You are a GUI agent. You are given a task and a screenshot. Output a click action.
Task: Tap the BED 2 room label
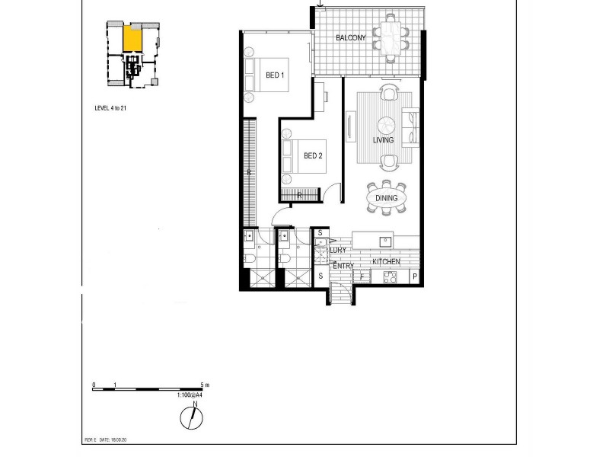coord(314,156)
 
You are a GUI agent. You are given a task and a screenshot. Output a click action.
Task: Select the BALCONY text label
coord(351,38)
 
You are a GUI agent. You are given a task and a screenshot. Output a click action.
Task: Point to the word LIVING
coord(383,141)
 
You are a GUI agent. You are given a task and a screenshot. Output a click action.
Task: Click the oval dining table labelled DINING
coord(387,198)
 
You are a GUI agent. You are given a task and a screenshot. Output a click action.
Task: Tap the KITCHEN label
coord(386,262)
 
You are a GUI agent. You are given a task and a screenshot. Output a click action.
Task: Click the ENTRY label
coord(343,266)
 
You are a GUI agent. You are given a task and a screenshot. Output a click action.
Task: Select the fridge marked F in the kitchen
coord(362,277)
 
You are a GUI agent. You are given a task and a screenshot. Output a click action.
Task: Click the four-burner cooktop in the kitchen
coord(390,277)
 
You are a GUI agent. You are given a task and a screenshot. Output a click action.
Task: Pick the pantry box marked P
coord(415,277)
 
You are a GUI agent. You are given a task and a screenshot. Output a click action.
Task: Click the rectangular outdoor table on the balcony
coord(390,37)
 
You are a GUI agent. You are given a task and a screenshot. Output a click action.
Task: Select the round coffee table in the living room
coord(387,124)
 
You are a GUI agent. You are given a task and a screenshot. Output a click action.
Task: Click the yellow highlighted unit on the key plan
coord(132,38)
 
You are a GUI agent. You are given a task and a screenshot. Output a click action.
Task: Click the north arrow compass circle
coord(191,418)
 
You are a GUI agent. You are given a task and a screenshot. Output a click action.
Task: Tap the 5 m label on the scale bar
coord(203,385)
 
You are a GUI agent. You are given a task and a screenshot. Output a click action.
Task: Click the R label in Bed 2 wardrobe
coord(299,195)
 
